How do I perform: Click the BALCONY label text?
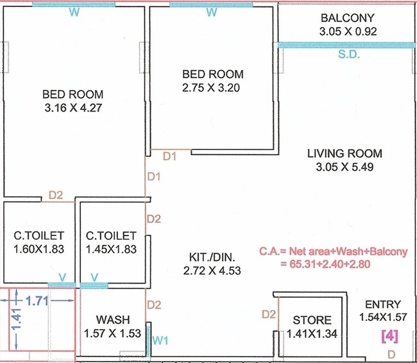tap(347, 18)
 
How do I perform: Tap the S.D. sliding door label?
tap(349, 55)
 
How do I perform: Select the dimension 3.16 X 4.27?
tap(73, 108)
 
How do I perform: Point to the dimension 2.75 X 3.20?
tap(211, 88)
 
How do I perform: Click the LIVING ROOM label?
tap(345, 153)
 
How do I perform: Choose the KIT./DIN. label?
tap(212, 257)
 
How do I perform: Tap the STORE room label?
tap(312, 320)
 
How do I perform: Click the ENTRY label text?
tap(383, 304)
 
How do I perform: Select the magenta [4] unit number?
tap(390, 337)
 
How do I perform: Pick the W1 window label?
tap(160, 340)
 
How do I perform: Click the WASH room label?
tap(113, 319)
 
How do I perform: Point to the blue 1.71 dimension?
tap(37, 301)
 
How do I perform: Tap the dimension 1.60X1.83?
tap(39, 249)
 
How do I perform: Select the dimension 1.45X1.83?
tap(111, 249)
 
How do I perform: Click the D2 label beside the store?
tap(269, 314)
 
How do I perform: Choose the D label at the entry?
tap(391, 354)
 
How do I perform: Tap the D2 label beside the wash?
tap(154, 305)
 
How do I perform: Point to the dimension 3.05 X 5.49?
tap(345, 167)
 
